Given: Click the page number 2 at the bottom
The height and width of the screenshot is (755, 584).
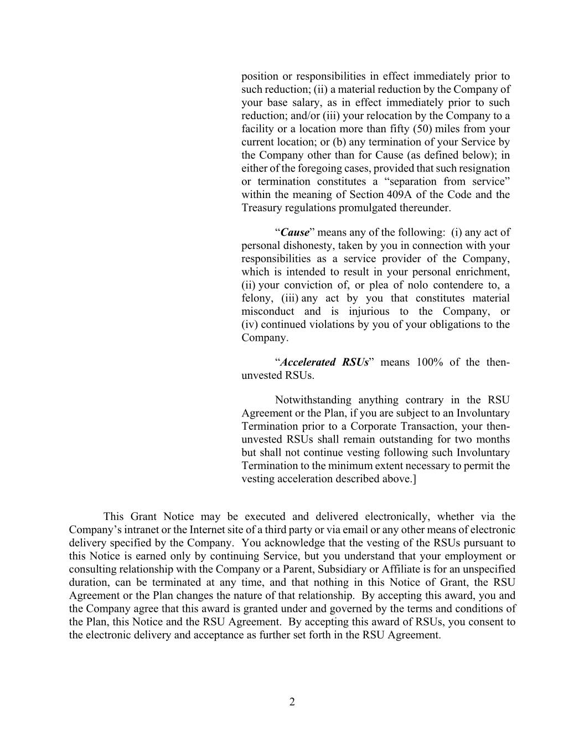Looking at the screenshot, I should [292, 702].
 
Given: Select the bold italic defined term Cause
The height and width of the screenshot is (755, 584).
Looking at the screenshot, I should [294, 232].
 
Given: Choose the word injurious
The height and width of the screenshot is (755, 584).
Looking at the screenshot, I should [369, 311].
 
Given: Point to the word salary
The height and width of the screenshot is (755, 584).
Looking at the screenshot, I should [304, 102].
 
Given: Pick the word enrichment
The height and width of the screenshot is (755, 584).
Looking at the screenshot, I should [482, 272].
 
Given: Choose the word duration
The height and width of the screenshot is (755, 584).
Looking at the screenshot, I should [89, 582].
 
